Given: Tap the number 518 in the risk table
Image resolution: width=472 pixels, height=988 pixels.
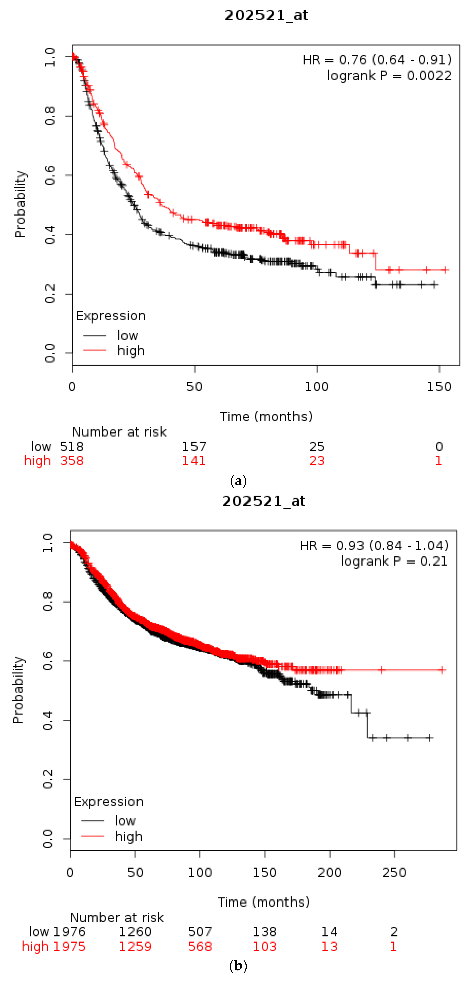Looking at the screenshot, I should click(72, 446).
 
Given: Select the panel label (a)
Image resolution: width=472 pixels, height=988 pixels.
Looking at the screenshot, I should click(238, 480).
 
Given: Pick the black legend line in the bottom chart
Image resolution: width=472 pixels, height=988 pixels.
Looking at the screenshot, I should click(92, 821).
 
